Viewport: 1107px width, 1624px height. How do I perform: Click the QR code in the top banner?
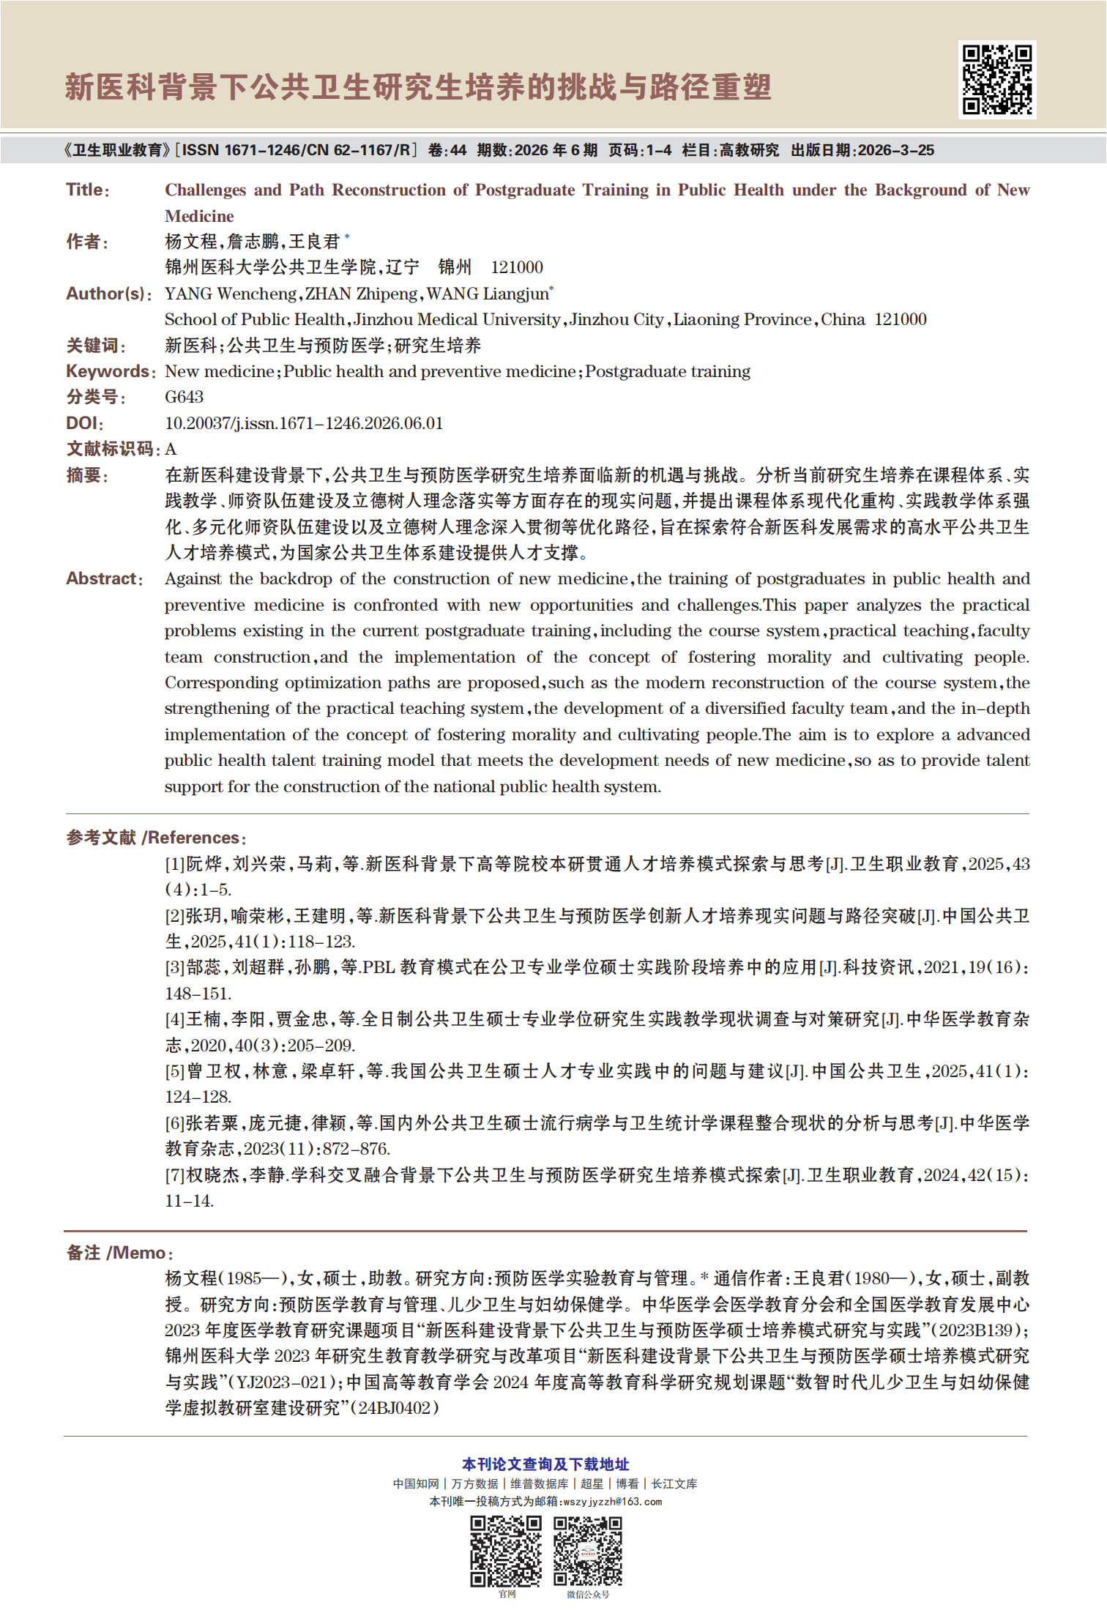[x=996, y=79]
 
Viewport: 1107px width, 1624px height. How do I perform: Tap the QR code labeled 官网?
[x=505, y=1551]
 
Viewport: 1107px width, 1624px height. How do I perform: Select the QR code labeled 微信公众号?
[x=587, y=1551]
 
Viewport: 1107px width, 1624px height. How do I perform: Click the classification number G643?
[x=184, y=397]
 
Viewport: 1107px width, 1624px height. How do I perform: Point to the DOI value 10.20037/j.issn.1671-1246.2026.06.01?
[x=304, y=423]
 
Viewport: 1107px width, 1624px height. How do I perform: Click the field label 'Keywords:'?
[x=111, y=371]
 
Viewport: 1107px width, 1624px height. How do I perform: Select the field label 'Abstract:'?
[x=105, y=578]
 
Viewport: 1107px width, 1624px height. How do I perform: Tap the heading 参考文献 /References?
[x=156, y=838]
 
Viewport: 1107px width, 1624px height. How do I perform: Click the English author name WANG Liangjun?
[x=488, y=294]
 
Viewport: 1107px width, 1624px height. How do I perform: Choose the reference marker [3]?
[x=174, y=967]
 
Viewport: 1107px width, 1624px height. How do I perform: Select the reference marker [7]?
[x=174, y=1175]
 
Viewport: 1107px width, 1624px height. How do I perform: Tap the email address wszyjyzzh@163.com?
[x=612, y=1502]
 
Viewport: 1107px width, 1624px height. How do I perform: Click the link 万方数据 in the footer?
[x=474, y=1483]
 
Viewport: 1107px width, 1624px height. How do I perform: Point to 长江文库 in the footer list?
[x=674, y=1483]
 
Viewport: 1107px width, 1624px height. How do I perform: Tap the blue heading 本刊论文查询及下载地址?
[x=545, y=1464]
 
